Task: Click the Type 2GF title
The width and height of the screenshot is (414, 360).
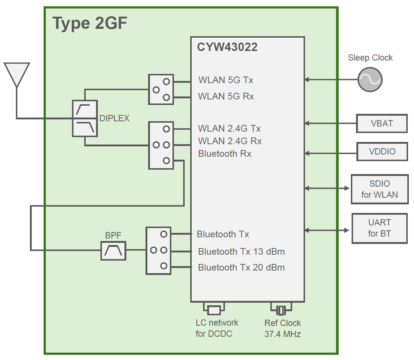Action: [x=90, y=24]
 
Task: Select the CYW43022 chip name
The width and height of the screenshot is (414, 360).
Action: [x=227, y=47]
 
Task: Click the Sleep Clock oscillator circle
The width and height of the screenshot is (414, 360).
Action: [x=370, y=79]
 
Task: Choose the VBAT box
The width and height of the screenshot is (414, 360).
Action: [x=382, y=123]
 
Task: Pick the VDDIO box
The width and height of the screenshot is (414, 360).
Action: [x=382, y=152]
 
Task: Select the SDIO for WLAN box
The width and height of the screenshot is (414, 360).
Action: [x=379, y=189]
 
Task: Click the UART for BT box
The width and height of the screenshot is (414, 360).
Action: [x=379, y=228]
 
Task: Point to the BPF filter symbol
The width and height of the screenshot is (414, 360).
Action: [x=113, y=251]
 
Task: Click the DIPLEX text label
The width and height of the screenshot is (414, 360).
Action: [x=114, y=118]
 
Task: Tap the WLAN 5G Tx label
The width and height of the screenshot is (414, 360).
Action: [x=226, y=80]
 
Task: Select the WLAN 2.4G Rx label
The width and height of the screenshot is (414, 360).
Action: [x=230, y=141]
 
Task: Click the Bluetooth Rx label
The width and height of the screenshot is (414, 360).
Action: [x=225, y=154]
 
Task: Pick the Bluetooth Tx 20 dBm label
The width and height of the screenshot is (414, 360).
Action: [x=241, y=267]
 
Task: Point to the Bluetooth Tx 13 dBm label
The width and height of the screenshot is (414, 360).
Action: [x=241, y=252]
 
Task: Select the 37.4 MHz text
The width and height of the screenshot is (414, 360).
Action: [x=282, y=334]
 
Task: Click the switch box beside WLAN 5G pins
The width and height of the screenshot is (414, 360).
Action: [x=161, y=89]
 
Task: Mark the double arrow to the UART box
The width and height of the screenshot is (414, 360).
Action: [x=327, y=230]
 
